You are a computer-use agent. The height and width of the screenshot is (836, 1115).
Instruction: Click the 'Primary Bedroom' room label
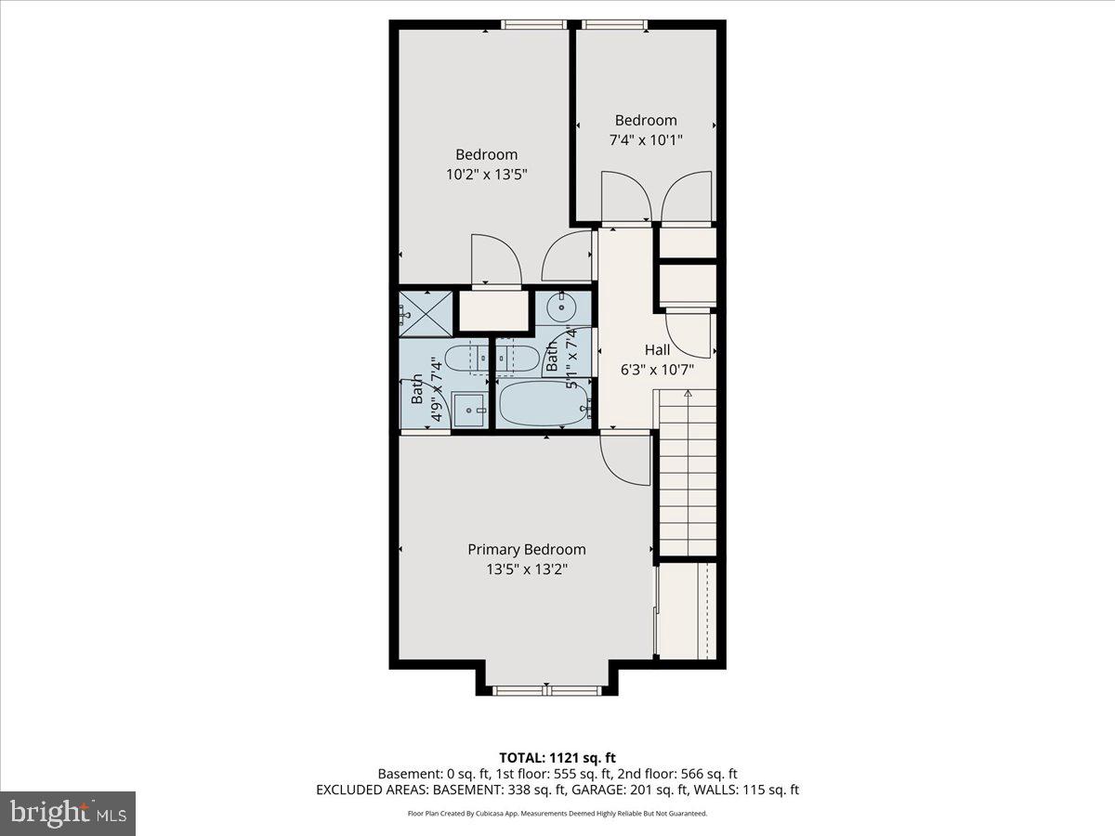526,549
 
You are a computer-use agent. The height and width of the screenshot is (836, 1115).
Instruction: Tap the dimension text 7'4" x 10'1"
646,140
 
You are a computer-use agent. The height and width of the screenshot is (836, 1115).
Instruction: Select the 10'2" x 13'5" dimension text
486,174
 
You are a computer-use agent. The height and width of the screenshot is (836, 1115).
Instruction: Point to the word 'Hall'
657,350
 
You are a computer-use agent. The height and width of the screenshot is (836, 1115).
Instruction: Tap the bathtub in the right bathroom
544,404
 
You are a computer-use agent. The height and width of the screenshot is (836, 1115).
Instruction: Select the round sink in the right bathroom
562,306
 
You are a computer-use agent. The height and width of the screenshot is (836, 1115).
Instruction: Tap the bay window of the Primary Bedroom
546,690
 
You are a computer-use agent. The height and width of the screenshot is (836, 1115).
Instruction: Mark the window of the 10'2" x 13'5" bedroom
535,25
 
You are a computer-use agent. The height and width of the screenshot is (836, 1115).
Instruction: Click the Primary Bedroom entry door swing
625,459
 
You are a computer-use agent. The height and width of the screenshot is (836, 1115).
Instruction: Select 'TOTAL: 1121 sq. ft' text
557,757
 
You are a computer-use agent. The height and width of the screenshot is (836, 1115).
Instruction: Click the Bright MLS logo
68,813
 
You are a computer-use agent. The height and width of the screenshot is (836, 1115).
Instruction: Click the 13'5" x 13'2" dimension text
526,568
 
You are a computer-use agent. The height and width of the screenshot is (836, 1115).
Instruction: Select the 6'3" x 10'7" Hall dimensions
657,369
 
